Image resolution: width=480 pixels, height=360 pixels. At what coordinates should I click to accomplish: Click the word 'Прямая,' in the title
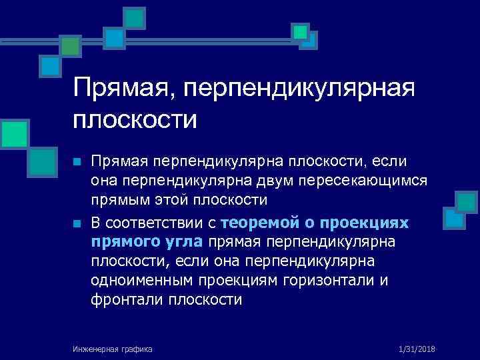[126, 88]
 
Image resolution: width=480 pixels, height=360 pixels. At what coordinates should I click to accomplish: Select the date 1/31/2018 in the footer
[416, 348]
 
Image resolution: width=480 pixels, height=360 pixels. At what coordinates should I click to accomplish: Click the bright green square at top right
[301, 31]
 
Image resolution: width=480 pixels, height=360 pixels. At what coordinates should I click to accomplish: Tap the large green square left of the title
[14, 133]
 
